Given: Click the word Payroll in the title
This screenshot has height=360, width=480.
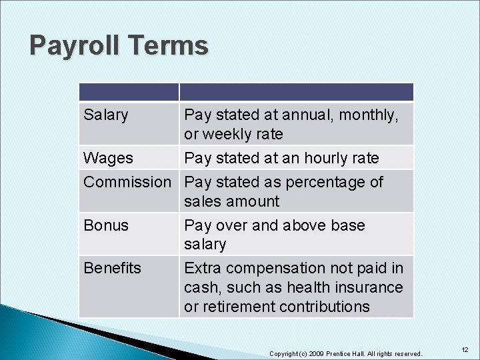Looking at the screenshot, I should point(73,46).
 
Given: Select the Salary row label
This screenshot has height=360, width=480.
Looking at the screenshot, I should point(105,115).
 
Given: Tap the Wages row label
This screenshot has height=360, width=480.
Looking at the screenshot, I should point(108,158).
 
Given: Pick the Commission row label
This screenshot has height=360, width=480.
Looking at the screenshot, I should point(127,181).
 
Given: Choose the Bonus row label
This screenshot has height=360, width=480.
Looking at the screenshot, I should point(106,225).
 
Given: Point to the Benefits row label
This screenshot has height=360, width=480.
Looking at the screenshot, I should point(112,268).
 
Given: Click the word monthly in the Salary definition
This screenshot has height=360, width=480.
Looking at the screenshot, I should point(369,115).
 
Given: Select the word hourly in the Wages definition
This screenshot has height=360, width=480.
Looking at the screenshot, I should point(328,158).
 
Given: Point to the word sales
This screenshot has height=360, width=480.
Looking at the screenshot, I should point(203,201).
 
